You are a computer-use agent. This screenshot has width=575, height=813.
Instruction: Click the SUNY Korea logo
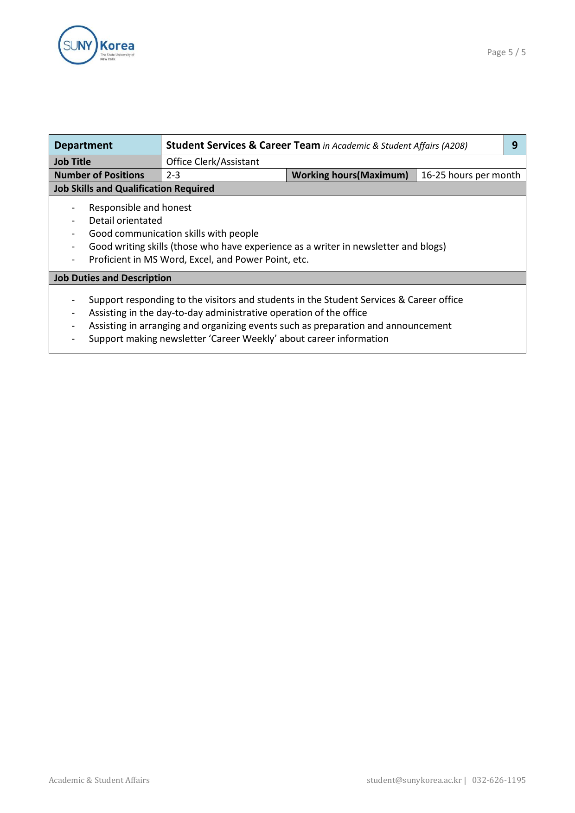click(96, 45)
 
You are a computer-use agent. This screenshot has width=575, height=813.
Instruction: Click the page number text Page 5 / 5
click(506, 52)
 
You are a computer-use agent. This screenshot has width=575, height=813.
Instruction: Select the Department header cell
click(83, 145)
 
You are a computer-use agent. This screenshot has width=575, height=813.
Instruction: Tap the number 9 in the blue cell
click(514, 145)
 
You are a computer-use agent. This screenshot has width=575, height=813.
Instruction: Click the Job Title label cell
click(73, 162)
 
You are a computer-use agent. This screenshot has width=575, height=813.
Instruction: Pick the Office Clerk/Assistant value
click(212, 162)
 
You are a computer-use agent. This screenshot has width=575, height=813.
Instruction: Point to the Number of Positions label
click(99, 175)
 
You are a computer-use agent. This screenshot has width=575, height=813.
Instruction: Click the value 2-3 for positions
click(173, 175)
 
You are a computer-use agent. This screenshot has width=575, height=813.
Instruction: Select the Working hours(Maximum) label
click(350, 175)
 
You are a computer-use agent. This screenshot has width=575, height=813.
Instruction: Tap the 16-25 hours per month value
click(470, 175)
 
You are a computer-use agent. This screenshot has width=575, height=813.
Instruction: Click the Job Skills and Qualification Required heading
click(134, 189)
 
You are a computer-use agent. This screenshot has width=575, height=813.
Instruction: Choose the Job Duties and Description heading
click(113, 278)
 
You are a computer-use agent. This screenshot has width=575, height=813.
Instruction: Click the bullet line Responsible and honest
click(140, 208)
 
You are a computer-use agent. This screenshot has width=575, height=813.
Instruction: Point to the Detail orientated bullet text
click(125, 221)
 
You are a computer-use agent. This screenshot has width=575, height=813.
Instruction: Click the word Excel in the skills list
click(200, 259)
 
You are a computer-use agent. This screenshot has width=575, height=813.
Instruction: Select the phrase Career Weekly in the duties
click(241, 339)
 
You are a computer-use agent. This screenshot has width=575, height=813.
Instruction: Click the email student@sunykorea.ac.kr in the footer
click(414, 780)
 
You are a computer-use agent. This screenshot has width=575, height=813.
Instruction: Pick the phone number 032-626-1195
click(498, 780)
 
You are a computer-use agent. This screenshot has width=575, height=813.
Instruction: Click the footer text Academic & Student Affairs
click(99, 780)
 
